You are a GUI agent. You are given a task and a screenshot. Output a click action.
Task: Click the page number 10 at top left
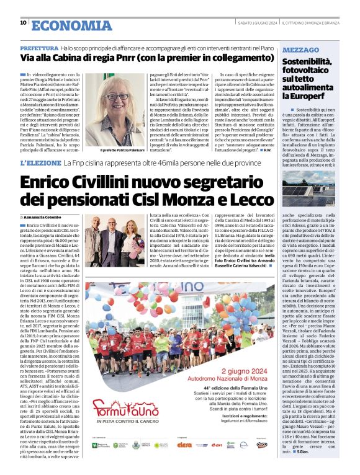tap(23, 23)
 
